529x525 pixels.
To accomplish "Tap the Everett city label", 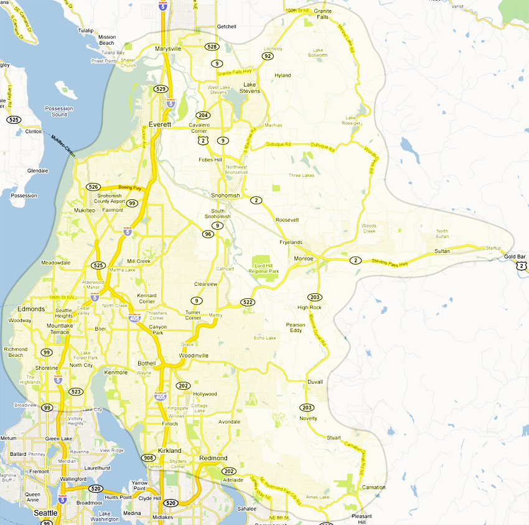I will (159, 125).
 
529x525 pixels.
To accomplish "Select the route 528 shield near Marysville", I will (212, 47).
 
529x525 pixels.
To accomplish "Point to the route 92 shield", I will (268, 56).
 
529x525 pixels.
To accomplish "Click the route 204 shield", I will (203, 115).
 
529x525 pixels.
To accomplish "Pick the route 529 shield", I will (161, 89).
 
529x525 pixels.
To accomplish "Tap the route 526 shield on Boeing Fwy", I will (93, 187).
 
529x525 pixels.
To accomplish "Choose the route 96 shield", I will (208, 234).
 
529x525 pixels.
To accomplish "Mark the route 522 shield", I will (248, 302).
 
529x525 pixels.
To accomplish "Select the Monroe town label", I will (304, 258).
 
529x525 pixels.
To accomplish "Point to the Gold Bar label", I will (515, 257).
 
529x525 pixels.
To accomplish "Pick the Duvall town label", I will (316, 382).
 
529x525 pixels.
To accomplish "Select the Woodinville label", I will (193, 356).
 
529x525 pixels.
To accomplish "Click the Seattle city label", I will (45, 513).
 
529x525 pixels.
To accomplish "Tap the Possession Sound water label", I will (59, 111).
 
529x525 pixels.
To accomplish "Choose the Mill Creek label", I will (138, 261).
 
